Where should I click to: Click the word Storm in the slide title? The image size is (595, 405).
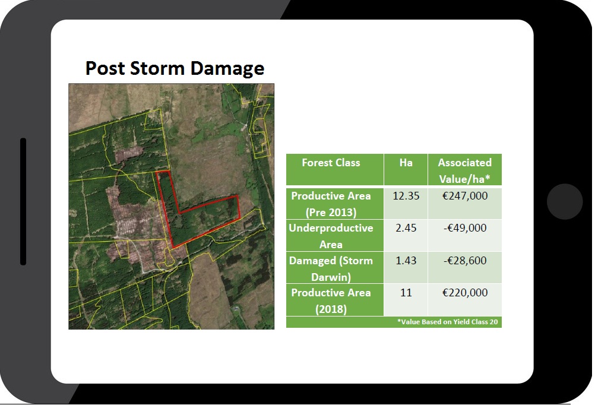pyautogui.click(x=157, y=68)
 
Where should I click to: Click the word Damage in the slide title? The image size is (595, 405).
pyautogui.click(x=227, y=69)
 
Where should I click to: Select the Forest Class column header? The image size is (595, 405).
pyautogui.click(x=331, y=163)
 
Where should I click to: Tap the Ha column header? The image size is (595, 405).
pyautogui.click(x=406, y=163)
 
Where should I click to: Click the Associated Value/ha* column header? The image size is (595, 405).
pyautogui.click(x=464, y=170)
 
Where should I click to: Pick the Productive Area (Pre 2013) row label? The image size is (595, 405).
pyautogui.click(x=331, y=204)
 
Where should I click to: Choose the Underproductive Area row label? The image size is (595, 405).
pyautogui.click(x=331, y=236)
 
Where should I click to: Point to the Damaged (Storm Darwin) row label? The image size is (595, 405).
pyautogui.click(x=331, y=268)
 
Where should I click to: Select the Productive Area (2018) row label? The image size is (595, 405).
pyautogui.click(x=331, y=300)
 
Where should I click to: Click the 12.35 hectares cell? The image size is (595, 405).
pyautogui.click(x=406, y=196)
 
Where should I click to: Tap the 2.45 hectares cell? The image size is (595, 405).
pyautogui.click(x=406, y=228)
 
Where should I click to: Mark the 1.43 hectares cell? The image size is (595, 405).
pyautogui.click(x=406, y=261)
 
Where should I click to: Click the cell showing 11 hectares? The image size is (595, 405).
pyautogui.click(x=406, y=293)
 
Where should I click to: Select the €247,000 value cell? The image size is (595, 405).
pyautogui.click(x=465, y=196)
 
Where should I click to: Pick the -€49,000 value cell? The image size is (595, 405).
pyautogui.click(x=465, y=228)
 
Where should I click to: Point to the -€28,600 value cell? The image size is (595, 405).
pyautogui.click(x=465, y=261)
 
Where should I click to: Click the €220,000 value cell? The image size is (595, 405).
pyautogui.click(x=465, y=293)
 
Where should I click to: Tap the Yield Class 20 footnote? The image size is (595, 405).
pyautogui.click(x=447, y=322)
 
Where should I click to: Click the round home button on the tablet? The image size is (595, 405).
pyautogui.click(x=565, y=201)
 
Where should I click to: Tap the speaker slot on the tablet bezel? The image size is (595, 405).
pyautogui.click(x=23, y=201)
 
